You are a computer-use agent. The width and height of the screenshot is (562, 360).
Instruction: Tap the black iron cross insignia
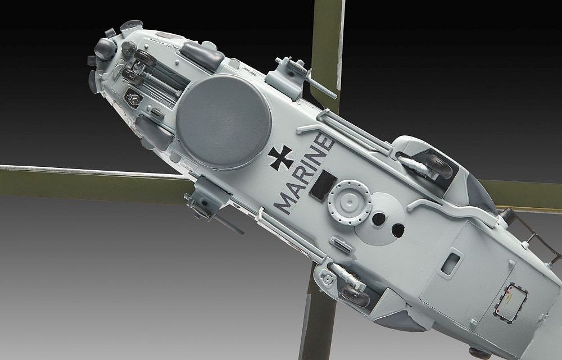(x=280, y=157)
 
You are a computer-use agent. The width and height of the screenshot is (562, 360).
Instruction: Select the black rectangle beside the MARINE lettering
(x=323, y=185)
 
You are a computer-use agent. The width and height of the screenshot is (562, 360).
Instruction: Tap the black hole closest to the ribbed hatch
(x=379, y=218)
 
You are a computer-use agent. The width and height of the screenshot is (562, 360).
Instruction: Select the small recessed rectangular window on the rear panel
(x=450, y=263)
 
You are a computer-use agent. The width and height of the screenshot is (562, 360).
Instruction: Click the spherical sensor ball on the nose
(x=105, y=49)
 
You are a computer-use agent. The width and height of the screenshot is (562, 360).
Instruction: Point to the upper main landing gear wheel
(x=438, y=166)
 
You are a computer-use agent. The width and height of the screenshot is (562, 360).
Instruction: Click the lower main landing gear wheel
(x=355, y=295)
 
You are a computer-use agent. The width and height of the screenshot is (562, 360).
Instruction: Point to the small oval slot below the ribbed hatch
(x=341, y=244)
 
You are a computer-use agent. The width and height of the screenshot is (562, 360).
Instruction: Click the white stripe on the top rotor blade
(x=340, y=45)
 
